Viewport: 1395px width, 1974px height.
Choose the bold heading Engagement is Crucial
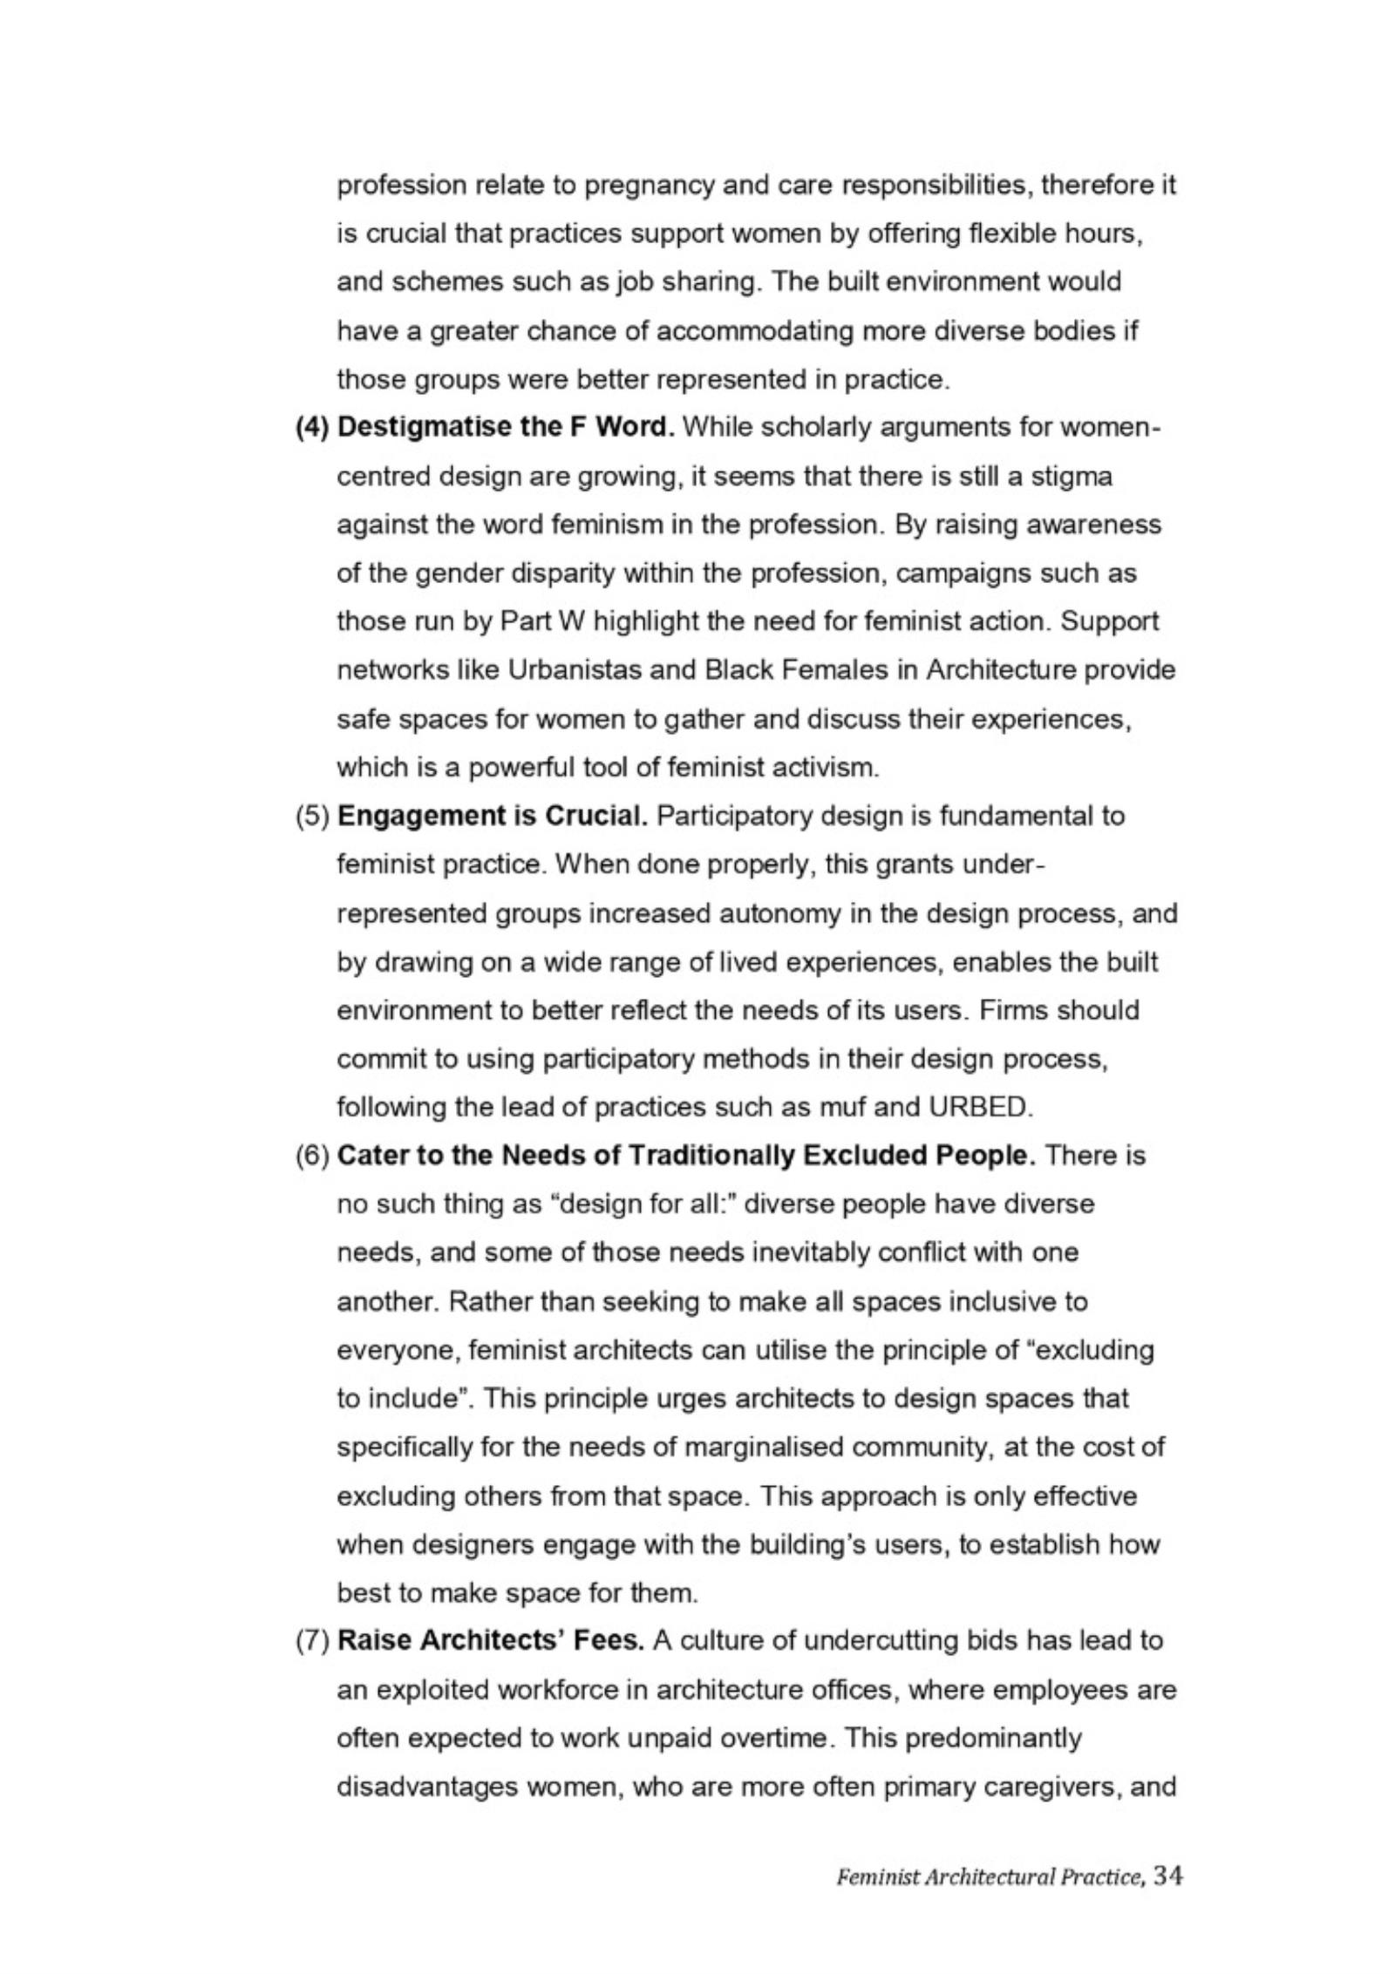pyautogui.click(x=493, y=816)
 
